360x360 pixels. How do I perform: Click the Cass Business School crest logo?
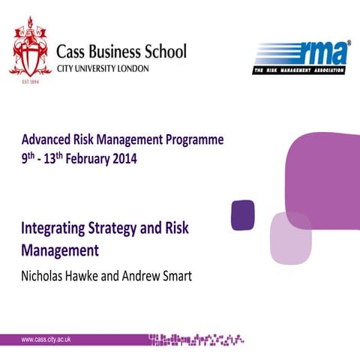click(31, 53)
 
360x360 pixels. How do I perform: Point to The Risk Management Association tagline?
click(299, 70)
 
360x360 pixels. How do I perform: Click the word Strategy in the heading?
click(130, 227)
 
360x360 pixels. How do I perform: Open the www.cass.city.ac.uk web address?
click(56, 340)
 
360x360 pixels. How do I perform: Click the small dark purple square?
click(242, 214)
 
